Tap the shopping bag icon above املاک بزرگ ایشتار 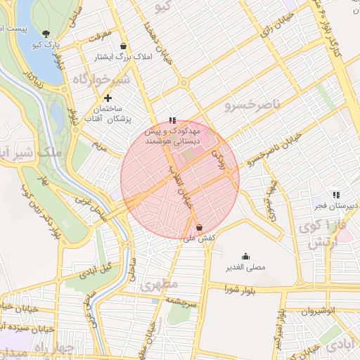tap(124, 45)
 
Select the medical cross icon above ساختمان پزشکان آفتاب tap(108, 98)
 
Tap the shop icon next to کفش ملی tap(200, 227)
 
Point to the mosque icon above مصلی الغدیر tap(245, 256)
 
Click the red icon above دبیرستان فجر tap(335, 194)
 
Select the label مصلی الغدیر tap(245, 268)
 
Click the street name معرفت tap(100, 33)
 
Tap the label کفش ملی tap(198, 239)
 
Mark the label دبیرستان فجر tap(336, 205)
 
